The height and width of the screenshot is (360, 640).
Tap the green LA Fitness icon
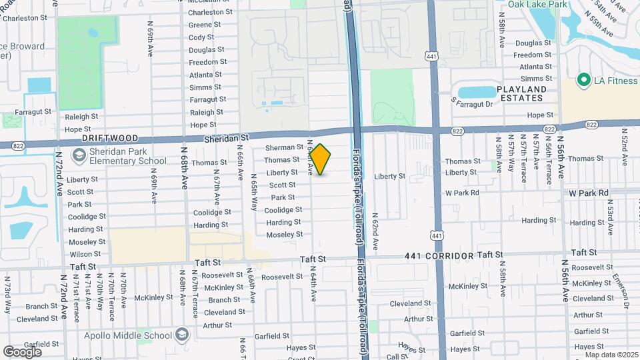tap(585, 81)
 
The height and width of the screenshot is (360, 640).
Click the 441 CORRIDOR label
tap(439, 256)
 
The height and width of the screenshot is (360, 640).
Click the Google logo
tap(22, 351)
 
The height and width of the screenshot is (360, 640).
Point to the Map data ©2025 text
tap(612, 355)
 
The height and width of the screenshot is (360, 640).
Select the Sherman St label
tap(284, 147)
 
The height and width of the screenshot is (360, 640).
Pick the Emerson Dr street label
tap(627, 291)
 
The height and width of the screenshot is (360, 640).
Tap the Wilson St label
tap(85, 254)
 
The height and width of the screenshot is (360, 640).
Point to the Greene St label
tap(200, 25)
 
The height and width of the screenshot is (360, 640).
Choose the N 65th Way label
tap(254, 193)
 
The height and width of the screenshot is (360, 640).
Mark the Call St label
tap(397, 357)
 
